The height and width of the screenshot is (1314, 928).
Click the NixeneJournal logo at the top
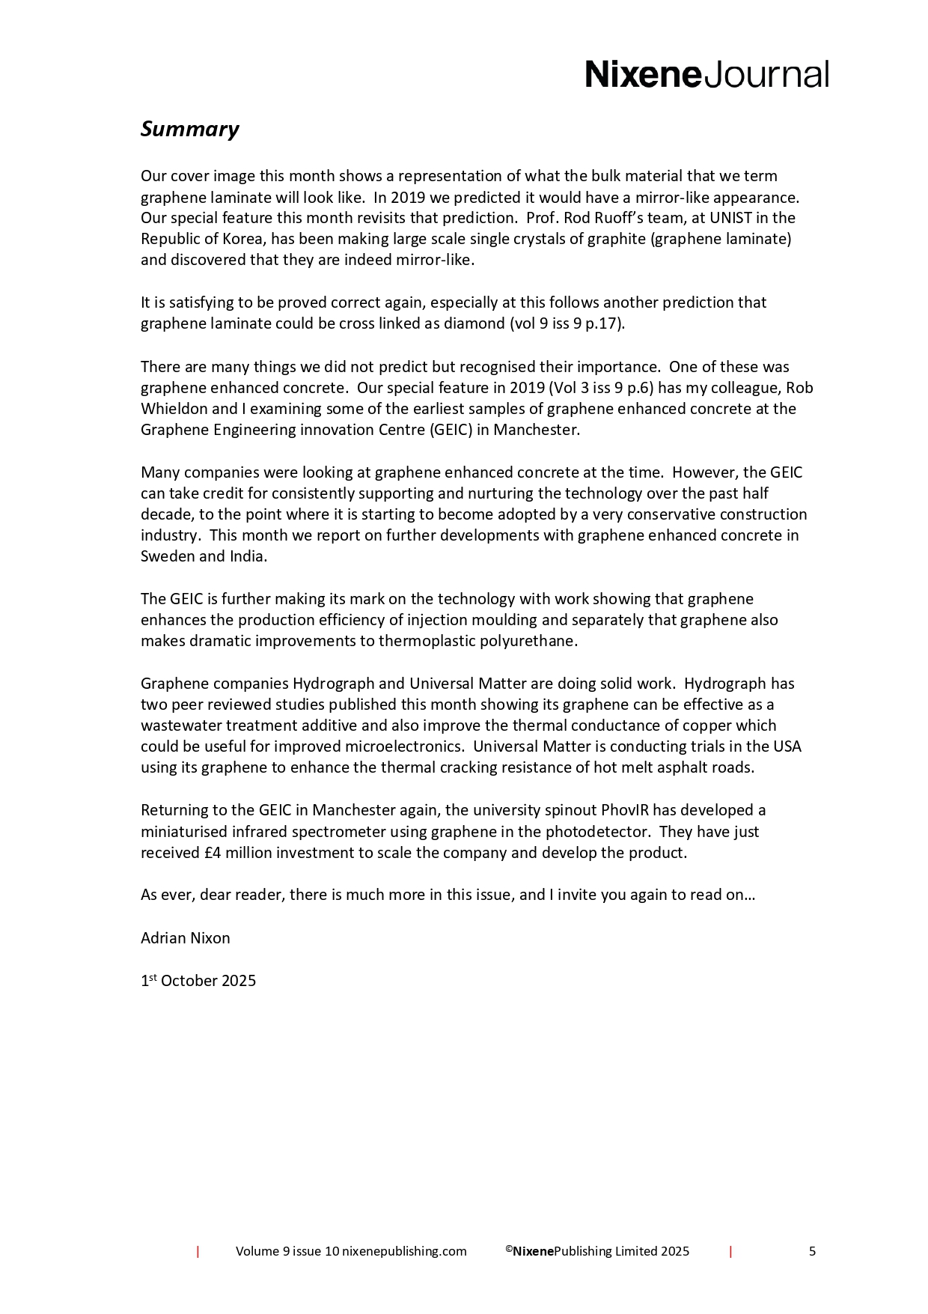pyautogui.click(x=706, y=75)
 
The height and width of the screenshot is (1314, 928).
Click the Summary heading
pyautogui.click(x=189, y=129)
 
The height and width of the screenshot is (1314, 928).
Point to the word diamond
pyautogui.click(x=474, y=323)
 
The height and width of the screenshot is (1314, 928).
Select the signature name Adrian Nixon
pyautogui.click(x=185, y=938)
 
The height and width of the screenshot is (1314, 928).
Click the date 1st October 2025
pyautogui.click(x=198, y=981)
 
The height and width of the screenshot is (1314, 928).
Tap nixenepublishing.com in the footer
pyautogui.click(x=404, y=1251)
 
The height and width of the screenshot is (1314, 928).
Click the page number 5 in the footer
pyautogui.click(x=812, y=1251)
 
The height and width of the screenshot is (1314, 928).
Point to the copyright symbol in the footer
pyautogui.click(x=508, y=1248)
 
